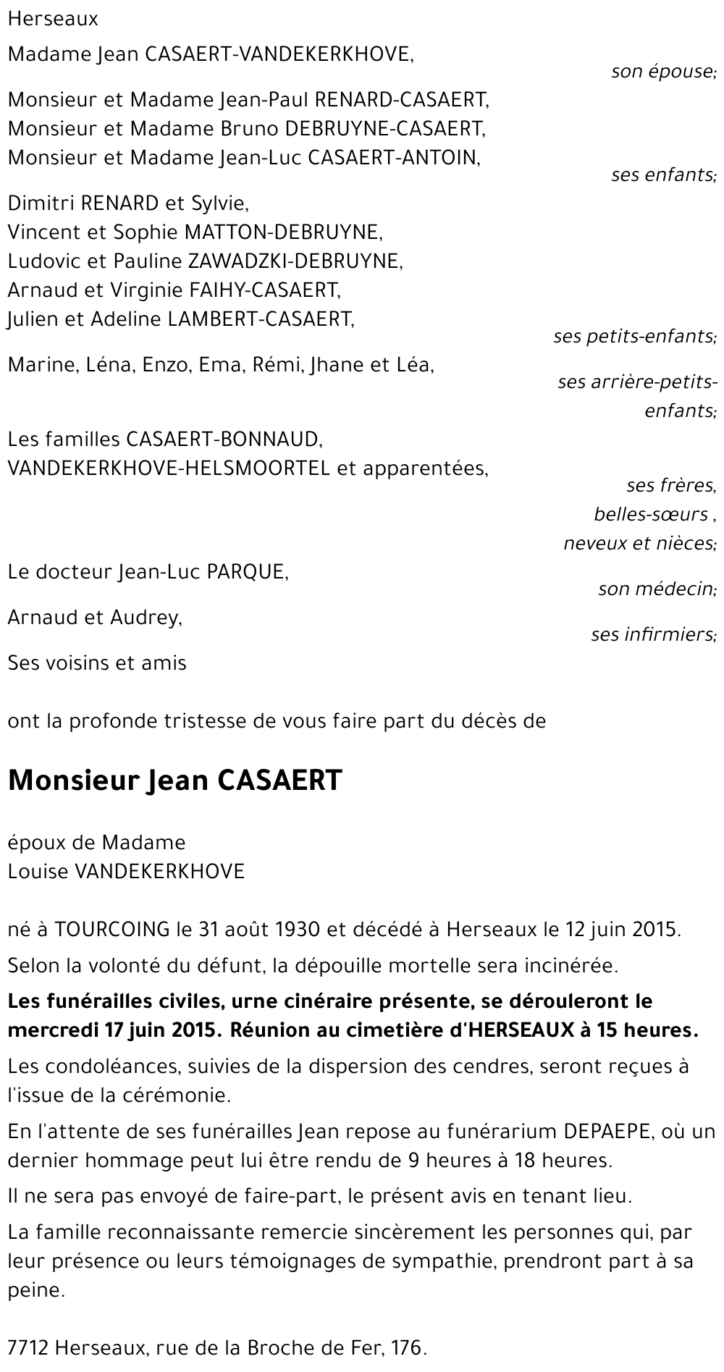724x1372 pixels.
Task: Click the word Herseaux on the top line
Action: click(x=53, y=19)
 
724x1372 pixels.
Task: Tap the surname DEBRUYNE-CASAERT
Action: click(x=384, y=128)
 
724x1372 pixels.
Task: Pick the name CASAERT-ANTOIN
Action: click(x=394, y=157)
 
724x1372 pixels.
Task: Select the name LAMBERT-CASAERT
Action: click(x=260, y=319)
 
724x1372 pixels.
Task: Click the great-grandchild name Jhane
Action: click(x=337, y=365)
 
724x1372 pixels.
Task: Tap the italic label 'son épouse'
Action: click(x=662, y=72)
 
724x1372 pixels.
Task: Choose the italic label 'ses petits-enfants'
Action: click(x=633, y=337)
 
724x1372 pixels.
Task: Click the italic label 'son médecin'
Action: click(x=656, y=589)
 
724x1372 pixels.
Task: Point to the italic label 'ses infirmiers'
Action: click(x=652, y=635)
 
